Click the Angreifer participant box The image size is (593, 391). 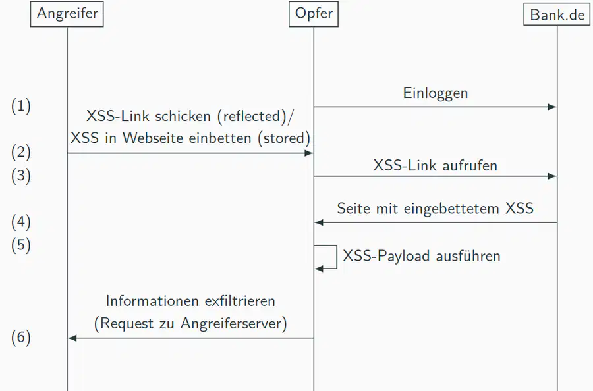click(x=67, y=14)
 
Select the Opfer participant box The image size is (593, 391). click(x=314, y=14)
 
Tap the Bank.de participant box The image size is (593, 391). click(x=557, y=14)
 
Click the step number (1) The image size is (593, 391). click(x=21, y=106)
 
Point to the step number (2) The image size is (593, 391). click(x=21, y=152)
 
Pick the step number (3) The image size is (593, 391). click(x=21, y=176)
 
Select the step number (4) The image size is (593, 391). click(x=21, y=222)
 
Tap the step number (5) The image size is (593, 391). click(x=21, y=245)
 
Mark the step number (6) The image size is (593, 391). click(x=21, y=338)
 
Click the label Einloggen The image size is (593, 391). click(x=436, y=93)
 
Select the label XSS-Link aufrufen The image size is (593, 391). click(x=436, y=165)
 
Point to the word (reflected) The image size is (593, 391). click(x=252, y=117)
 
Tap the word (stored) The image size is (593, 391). click(x=284, y=138)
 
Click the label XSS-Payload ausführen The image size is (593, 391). click(x=422, y=256)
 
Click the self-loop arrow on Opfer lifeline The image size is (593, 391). click(x=337, y=257)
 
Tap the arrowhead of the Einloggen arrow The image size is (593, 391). click(x=552, y=107)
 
